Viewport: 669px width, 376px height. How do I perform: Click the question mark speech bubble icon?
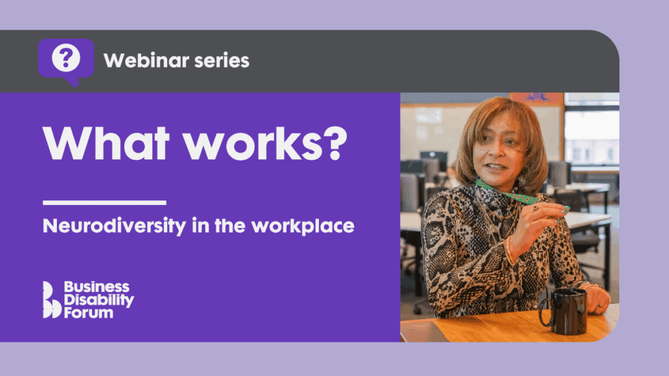66,61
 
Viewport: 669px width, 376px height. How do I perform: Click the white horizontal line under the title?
105,202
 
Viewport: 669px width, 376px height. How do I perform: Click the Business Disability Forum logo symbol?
52,300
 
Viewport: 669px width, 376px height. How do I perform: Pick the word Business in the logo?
96,288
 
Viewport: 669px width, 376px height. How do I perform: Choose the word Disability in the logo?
99,300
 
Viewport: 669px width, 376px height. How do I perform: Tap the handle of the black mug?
544,313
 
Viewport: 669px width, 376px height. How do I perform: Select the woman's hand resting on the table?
597,299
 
